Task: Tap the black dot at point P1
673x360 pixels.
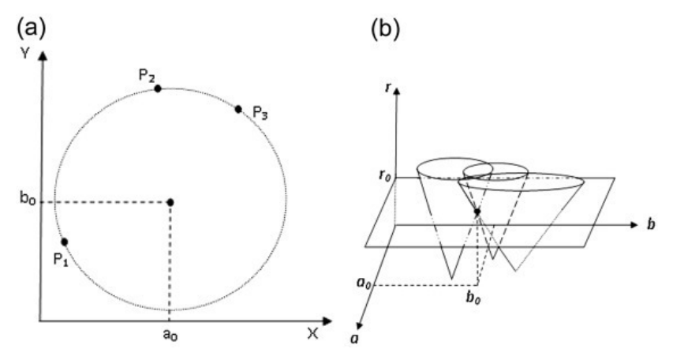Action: [x=65, y=242]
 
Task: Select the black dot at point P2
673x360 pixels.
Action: [x=158, y=88]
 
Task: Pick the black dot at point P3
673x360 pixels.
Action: [x=238, y=108]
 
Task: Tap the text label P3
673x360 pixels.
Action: [x=260, y=116]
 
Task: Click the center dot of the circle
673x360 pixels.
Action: [x=170, y=202]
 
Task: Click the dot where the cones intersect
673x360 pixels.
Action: [x=477, y=212]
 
